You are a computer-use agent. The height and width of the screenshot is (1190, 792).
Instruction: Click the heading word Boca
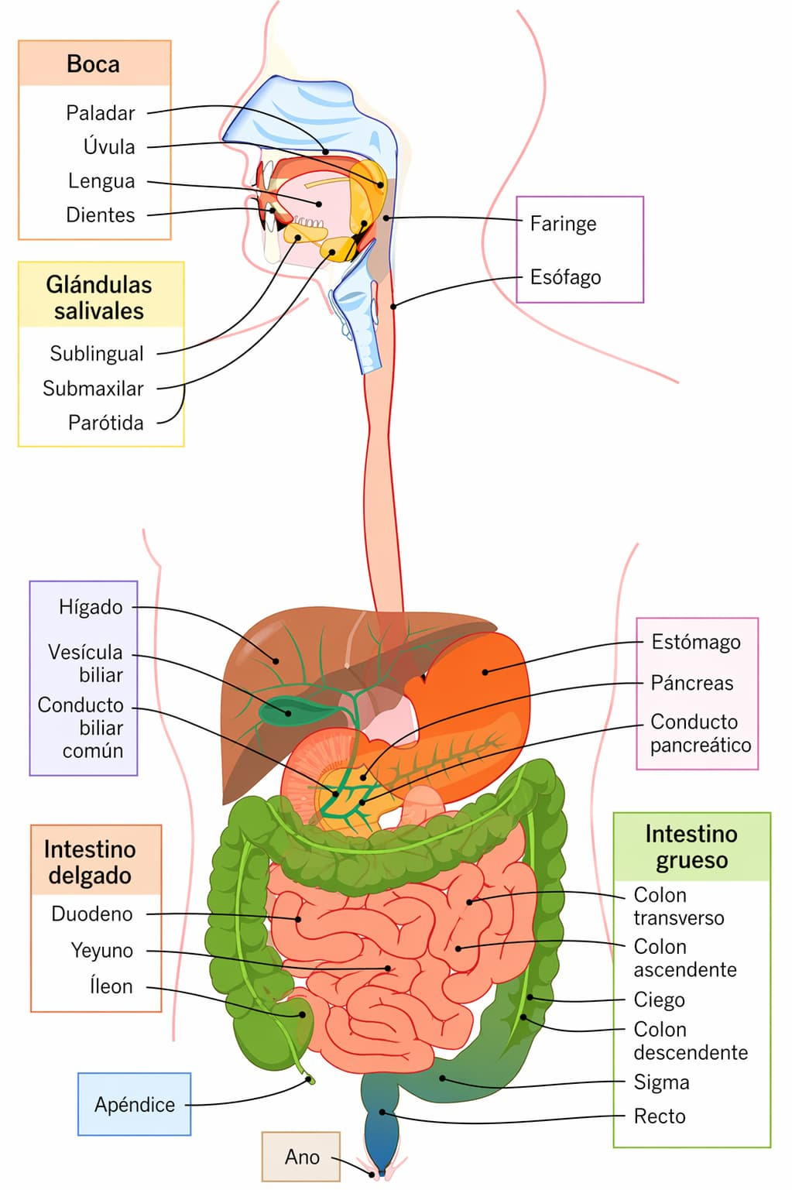93,64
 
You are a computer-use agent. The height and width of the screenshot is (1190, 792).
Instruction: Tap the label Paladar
101,113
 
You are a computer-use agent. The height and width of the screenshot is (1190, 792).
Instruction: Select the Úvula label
109,147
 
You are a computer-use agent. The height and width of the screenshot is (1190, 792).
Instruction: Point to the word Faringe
563,224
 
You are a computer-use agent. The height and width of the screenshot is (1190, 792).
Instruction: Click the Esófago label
565,277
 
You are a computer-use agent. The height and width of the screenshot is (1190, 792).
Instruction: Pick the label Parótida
106,423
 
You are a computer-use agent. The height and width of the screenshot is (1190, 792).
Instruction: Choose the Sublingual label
97,354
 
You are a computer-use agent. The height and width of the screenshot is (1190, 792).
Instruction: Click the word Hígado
91,607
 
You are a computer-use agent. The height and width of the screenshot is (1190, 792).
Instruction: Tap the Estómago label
695,642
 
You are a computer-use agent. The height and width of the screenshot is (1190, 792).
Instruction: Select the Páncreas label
691,683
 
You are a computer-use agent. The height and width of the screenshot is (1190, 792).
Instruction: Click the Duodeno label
92,914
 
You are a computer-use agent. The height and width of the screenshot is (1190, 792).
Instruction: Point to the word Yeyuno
101,951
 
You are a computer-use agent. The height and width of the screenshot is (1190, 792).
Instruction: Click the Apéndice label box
135,1105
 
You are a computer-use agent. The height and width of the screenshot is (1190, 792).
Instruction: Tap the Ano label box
301,1157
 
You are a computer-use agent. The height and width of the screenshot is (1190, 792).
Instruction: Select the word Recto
660,1116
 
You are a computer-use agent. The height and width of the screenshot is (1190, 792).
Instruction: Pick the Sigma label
661,1082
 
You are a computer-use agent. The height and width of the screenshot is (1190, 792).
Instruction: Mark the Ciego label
659,1000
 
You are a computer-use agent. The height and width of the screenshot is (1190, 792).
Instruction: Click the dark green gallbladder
284,710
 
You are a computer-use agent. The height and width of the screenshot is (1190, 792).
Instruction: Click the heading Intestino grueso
691,847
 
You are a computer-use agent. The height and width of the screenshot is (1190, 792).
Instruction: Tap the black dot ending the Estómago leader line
485,672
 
